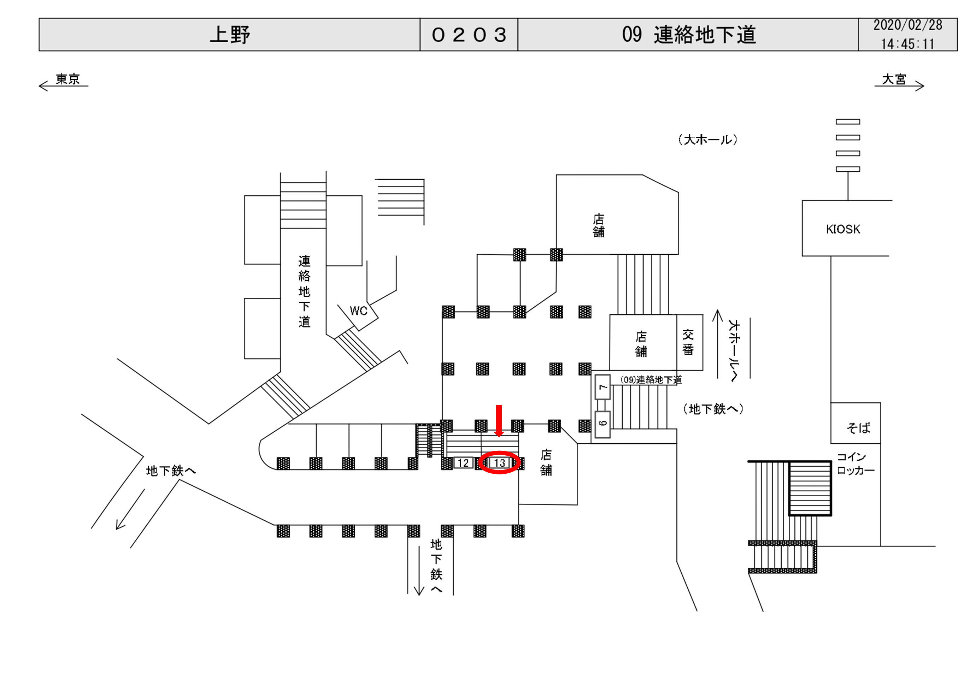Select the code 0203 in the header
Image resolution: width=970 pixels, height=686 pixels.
469,35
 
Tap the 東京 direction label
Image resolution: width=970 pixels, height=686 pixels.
67,79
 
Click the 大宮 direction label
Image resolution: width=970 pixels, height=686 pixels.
894,79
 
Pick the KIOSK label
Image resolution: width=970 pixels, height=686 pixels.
843,229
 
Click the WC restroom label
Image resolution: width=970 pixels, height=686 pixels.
358,311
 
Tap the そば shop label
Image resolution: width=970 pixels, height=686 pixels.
858,428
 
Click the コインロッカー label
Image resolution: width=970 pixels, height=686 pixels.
855,463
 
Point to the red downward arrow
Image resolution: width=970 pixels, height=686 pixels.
499,420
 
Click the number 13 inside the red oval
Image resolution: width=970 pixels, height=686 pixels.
499,463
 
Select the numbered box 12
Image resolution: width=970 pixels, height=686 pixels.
463,463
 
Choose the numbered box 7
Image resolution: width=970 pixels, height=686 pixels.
603,387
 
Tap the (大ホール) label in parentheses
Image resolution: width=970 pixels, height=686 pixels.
708,140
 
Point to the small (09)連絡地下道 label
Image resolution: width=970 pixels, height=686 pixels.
651,379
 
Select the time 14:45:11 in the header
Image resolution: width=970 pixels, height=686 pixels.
907,44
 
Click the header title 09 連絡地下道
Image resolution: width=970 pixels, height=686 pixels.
688,35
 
